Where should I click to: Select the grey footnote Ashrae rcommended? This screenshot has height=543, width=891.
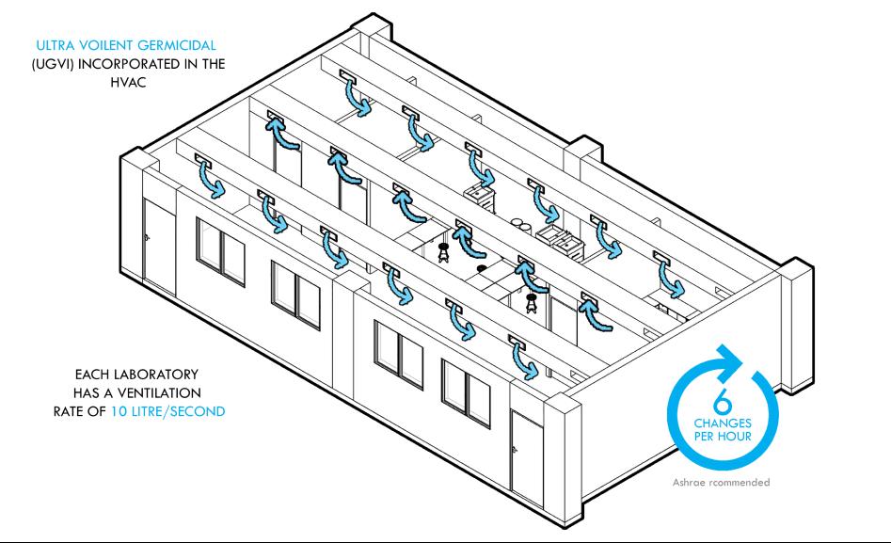pyautogui.click(x=721, y=482)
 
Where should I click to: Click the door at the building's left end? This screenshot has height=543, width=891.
pyautogui.click(x=159, y=246)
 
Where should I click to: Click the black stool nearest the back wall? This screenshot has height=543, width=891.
pyautogui.click(x=443, y=251)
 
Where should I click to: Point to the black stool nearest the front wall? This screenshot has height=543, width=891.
pyautogui.click(x=532, y=302)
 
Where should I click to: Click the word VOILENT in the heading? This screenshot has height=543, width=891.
pyautogui.click(x=103, y=43)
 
